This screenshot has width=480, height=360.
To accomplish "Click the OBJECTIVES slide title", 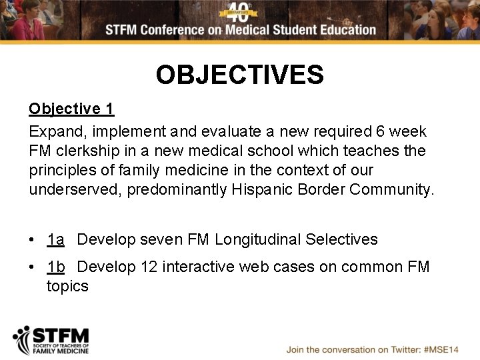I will (240, 75).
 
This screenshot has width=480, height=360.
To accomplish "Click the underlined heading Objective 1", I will (71, 109).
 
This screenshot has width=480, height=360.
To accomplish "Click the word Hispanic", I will (262, 189).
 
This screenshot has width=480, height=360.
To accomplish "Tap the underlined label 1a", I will (55, 239).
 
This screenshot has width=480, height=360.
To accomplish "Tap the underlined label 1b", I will (55, 267).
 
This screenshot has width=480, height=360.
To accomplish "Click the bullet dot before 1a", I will (33, 240).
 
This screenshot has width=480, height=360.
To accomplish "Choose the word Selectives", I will (341, 239).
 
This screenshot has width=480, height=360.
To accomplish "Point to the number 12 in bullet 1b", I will (149, 267).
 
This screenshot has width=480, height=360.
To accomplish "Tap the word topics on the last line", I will (67, 287).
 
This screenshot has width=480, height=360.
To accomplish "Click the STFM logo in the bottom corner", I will (51, 340).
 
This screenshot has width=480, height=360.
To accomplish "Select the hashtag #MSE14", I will (440, 349).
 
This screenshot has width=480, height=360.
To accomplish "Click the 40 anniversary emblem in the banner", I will (239, 11).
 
